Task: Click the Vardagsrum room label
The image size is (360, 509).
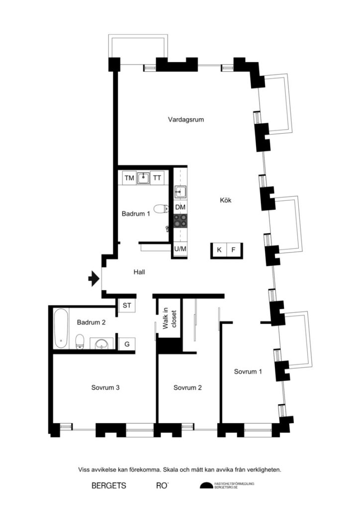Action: pos(186,120)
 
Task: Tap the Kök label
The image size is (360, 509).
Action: pos(226,200)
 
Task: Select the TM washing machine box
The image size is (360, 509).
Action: pos(129,177)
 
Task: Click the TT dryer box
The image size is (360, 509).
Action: pos(158,177)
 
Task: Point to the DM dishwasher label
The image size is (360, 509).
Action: pos(180,207)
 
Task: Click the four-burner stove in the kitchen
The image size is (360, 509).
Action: pos(180,220)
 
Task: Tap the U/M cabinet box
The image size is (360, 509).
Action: pos(180,249)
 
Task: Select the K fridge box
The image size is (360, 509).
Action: pos(219,250)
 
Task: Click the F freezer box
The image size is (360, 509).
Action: pos(234,250)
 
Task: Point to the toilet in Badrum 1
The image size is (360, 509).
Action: pos(160,209)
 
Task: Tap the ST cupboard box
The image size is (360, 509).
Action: pos(127,306)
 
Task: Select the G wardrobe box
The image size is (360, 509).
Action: pos(127,343)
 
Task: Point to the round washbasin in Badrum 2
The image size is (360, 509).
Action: pos(102,343)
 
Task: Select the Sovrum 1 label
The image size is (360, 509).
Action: pos(248,371)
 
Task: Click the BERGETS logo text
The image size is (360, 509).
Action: pos(109,486)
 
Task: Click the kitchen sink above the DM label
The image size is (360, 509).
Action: pos(180,191)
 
